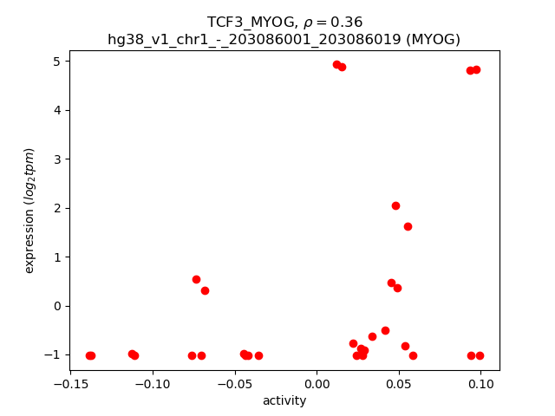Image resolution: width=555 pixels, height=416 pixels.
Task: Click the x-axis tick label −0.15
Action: coord(71,386)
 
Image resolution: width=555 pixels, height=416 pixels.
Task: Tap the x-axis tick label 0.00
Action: coord(317,386)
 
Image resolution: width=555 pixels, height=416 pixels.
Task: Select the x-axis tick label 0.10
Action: coord(481,386)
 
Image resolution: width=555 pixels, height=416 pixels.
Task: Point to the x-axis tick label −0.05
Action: coord(235,386)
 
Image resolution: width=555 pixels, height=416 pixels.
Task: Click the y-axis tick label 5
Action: coord(56,62)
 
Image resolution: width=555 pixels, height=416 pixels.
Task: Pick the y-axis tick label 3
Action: coord(56,159)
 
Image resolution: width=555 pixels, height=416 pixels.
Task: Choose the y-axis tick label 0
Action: coord(56,306)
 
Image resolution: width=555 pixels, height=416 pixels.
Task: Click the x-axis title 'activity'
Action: coord(284,401)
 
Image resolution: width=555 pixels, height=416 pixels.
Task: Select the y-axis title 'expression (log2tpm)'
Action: coord(29,211)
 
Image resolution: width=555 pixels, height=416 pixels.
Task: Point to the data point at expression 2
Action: coord(395,205)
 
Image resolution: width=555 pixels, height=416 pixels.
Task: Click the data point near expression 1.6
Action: coord(408,226)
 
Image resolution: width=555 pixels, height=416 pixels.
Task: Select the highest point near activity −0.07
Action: coord(196,279)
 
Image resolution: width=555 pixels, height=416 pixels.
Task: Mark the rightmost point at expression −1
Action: coord(480,355)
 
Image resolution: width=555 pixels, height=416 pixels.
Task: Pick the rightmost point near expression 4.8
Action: coord(476,69)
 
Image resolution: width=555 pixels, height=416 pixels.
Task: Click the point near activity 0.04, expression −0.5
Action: coord(385,330)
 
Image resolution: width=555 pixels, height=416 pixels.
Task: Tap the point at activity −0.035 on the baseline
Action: coord(258,355)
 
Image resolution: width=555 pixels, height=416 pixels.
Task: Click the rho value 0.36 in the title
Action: coord(346,22)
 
